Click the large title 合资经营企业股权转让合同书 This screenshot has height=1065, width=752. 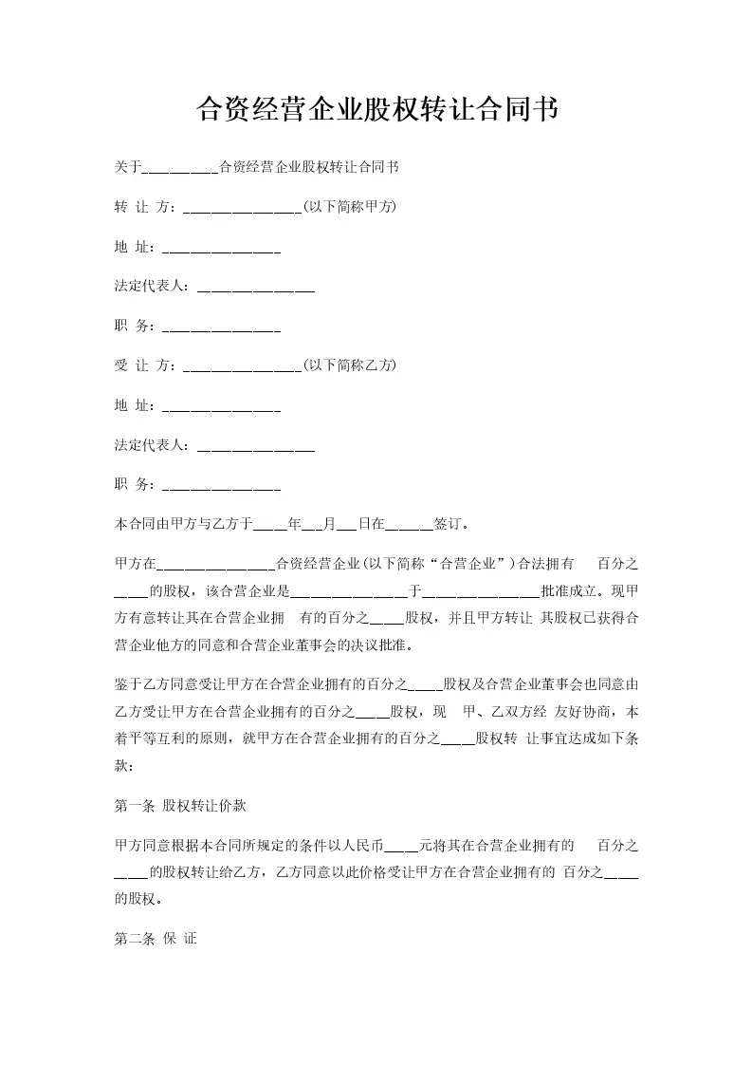376,110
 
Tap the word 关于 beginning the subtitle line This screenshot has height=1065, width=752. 127,167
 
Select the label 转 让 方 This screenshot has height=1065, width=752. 143,206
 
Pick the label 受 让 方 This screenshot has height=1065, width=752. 143,365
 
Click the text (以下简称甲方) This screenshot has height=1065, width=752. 348,206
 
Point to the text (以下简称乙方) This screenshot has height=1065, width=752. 348,365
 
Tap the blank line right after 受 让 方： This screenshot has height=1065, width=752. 241,367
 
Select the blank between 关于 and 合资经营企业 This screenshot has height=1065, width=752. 179,170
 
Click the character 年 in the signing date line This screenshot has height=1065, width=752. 294,523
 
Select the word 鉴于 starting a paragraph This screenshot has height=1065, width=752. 127,683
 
